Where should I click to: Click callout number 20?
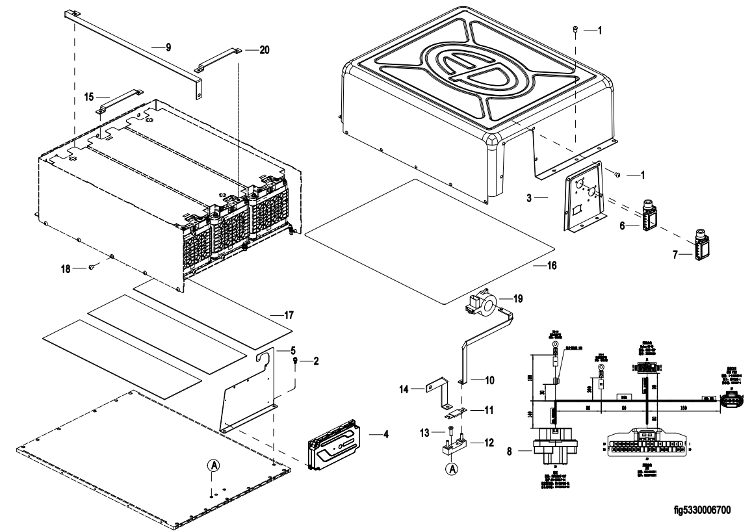(x=264, y=51)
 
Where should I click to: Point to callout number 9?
(x=168, y=47)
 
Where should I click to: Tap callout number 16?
(x=551, y=265)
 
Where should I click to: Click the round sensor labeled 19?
(x=489, y=302)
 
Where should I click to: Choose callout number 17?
(x=289, y=315)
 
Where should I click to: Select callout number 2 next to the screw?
(x=316, y=360)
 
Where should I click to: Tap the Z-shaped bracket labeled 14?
(x=436, y=389)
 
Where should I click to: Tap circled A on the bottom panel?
(x=214, y=465)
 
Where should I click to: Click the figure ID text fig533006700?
(x=703, y=510)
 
